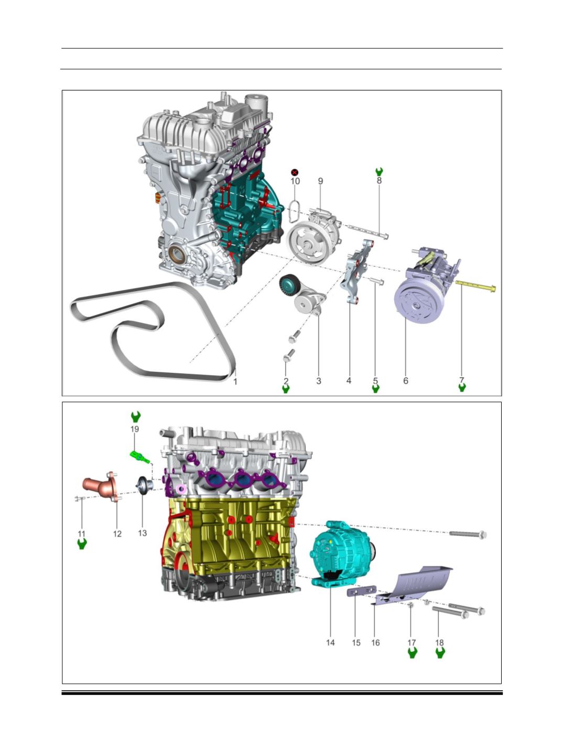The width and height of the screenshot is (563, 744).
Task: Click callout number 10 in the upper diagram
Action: pos(295,181)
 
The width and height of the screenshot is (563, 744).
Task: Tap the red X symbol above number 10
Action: pos(295,173)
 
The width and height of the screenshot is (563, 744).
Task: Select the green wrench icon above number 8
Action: pos(379,172)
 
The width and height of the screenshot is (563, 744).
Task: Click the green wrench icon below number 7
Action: pos(462,387)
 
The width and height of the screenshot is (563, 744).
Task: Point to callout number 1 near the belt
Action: pos(235,382)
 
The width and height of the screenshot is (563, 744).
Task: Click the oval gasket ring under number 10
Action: pos(294,212)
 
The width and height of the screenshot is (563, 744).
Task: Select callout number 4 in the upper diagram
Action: pos(349,381)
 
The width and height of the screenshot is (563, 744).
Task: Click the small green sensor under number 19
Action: pos(140,457)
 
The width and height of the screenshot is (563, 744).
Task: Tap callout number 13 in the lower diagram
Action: pos(142,533)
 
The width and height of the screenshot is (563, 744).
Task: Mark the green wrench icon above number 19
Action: pos(136,417)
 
